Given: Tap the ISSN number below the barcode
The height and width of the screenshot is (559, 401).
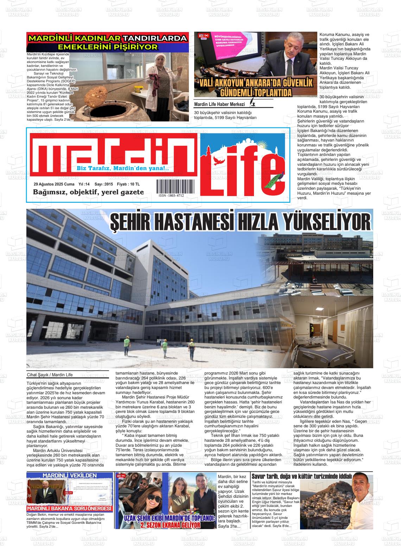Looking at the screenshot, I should point(171,195).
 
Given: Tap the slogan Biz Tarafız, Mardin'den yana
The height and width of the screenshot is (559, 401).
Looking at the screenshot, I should point(122,169).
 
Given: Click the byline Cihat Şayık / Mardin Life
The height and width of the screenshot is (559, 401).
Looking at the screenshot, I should point(50,375).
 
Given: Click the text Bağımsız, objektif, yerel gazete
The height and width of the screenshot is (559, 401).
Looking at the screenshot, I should point(88,192).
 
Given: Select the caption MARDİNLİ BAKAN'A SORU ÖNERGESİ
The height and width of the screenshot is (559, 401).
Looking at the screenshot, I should point(70,509).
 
